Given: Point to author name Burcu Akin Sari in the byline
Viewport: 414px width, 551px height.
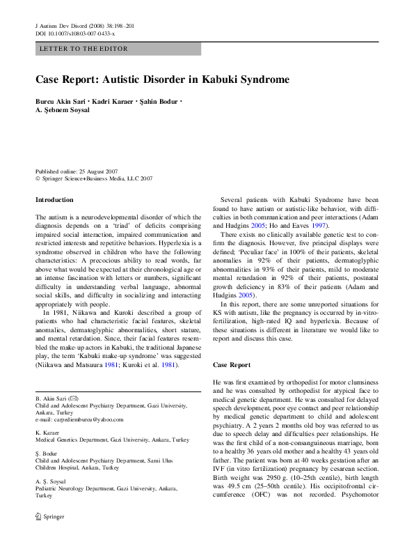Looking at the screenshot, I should click(x=60, y=102).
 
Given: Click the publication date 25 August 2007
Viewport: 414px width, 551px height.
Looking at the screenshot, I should click(x=97, y=171).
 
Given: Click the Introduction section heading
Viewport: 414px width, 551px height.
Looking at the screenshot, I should click(x=54, y=200).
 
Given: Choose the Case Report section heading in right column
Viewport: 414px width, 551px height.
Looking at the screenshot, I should click(x=232, y=365).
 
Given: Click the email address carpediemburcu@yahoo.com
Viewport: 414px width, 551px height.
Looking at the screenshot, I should click(x=79, y=419).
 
